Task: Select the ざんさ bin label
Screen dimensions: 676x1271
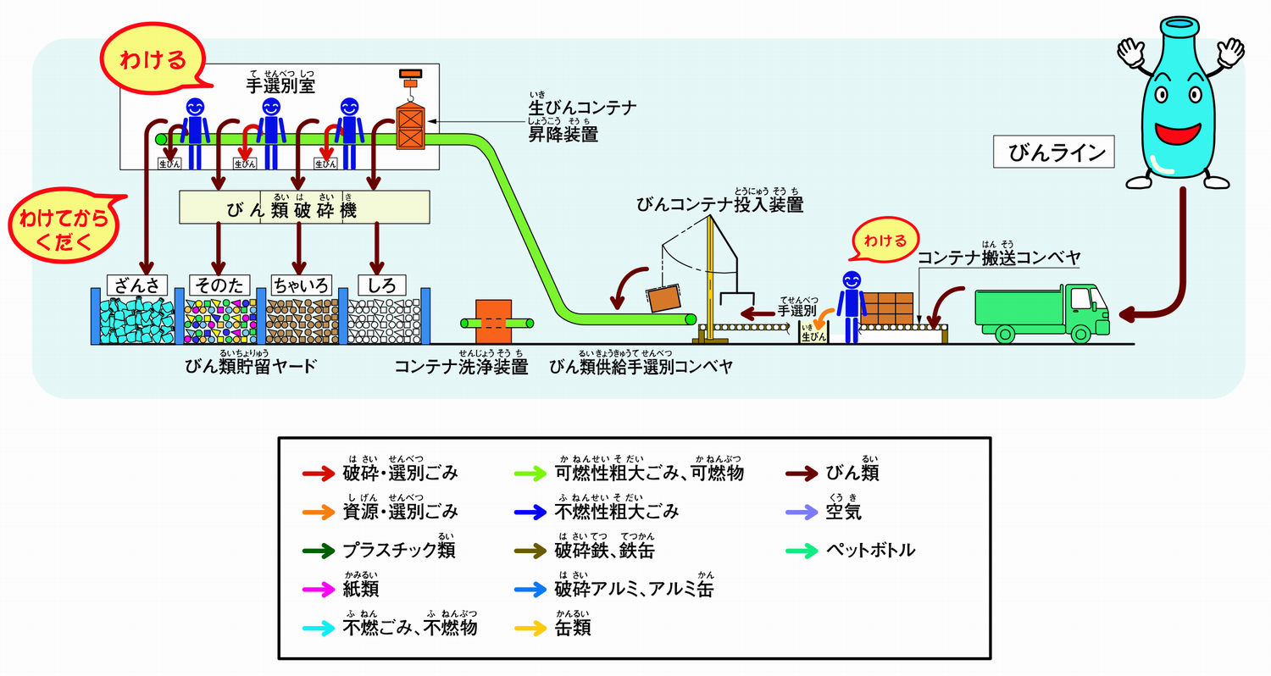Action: (x=136, y=285)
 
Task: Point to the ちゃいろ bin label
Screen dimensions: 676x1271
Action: (x=299, y=285)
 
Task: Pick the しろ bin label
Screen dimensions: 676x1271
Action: (x=382, y=285)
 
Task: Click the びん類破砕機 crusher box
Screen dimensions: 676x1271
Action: (x=304, y=208)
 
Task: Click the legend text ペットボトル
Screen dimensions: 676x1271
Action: (x=871, y=551)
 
